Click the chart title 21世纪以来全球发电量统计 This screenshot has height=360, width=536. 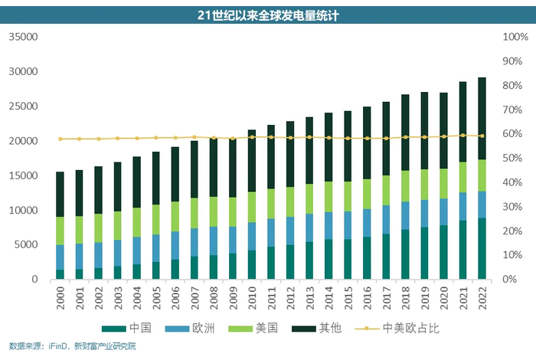click(x=267, y=15)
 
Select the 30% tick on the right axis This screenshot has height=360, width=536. click(x=512, y=207)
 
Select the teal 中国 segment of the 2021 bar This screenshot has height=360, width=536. click(x=462, y=250)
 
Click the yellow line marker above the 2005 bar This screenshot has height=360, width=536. click(x=156, y=138)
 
